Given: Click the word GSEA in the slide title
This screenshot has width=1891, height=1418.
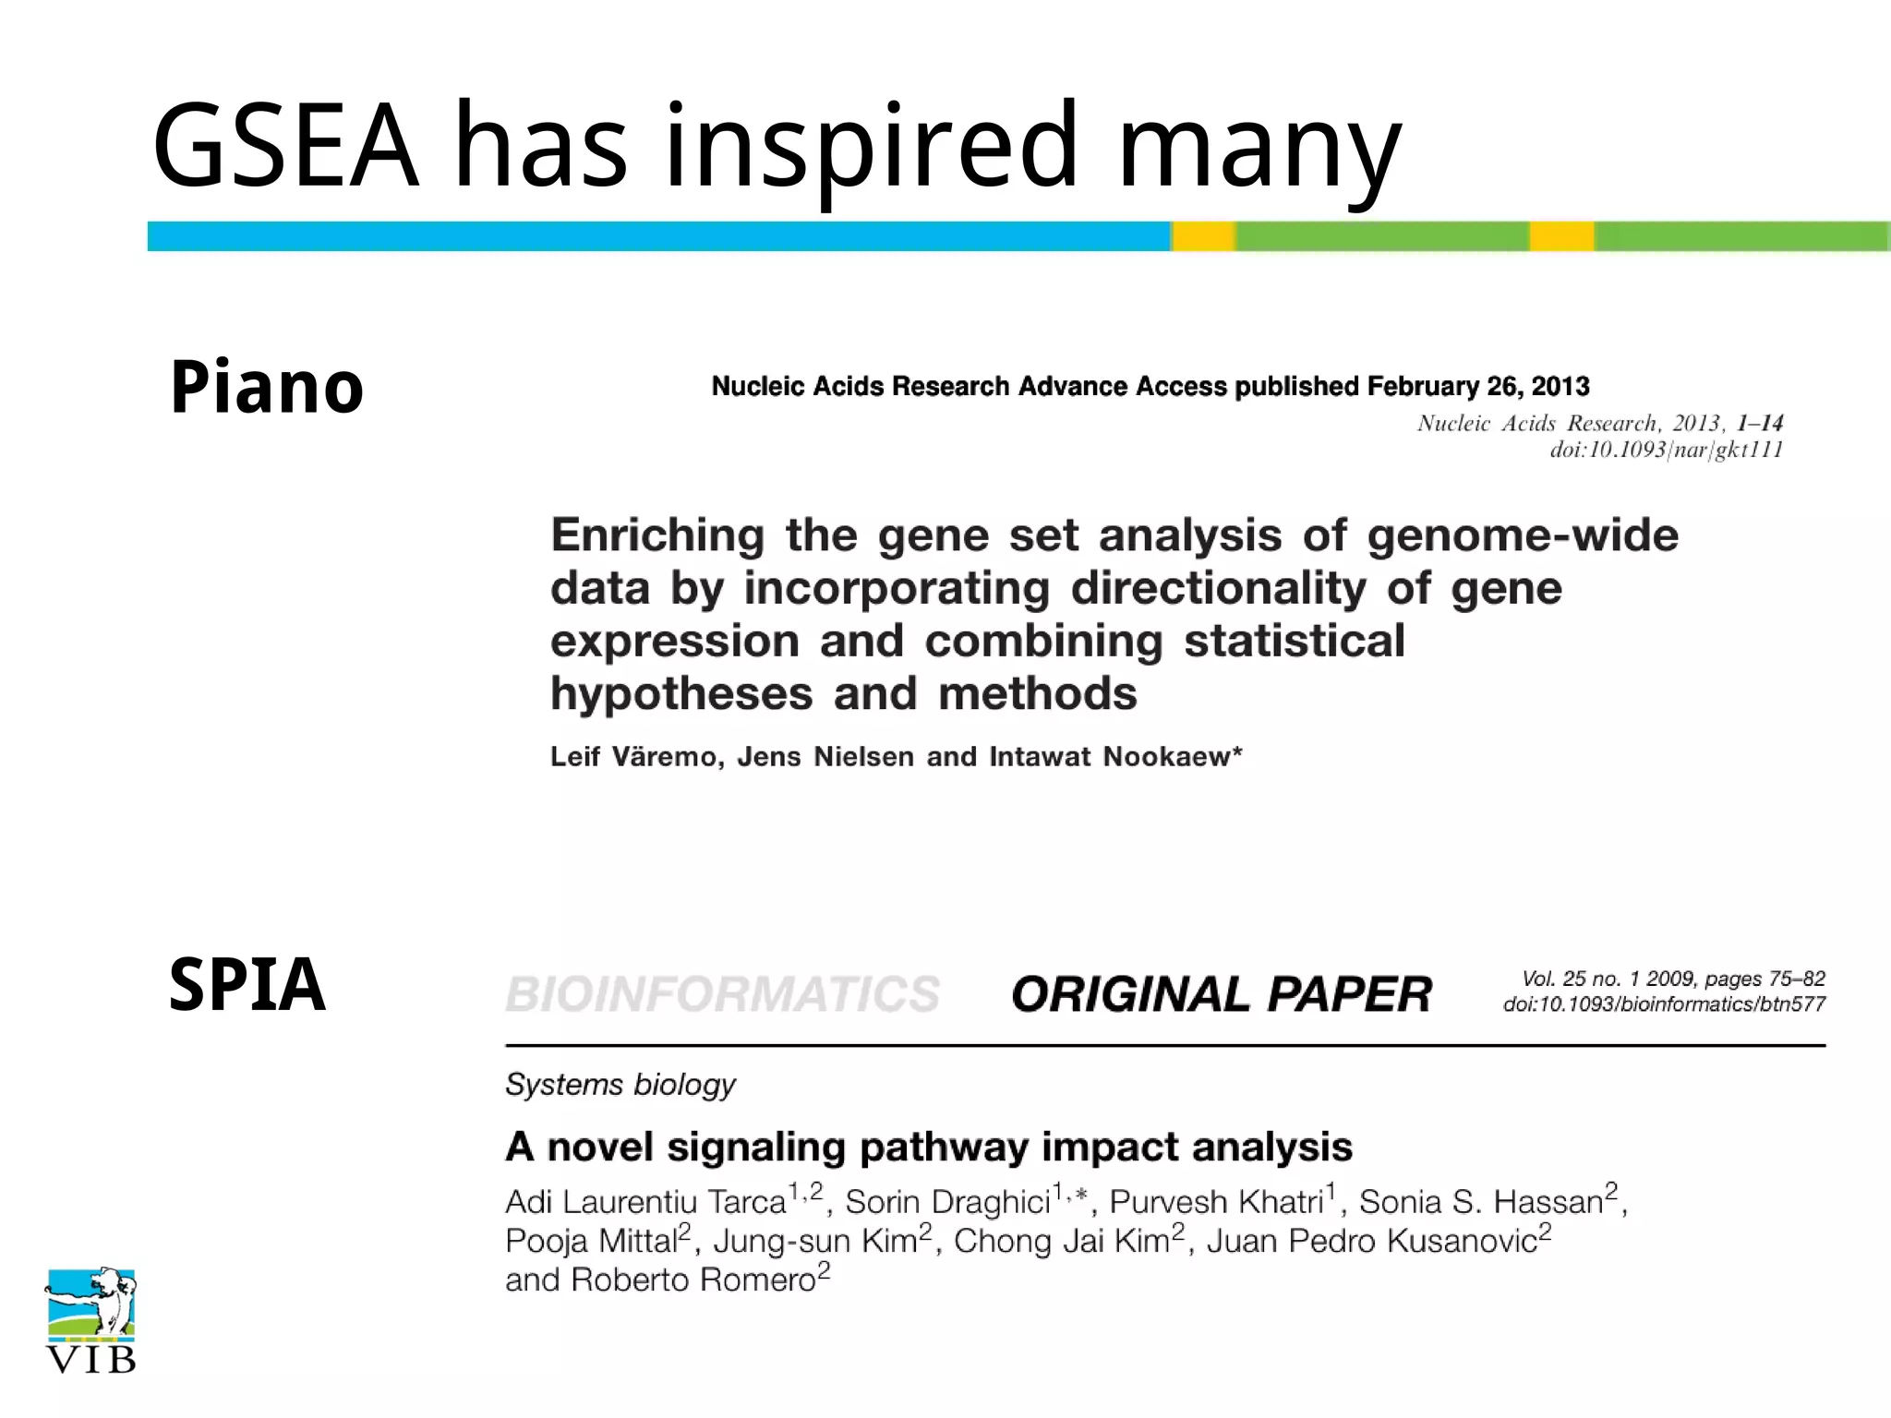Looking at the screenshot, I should coord(284,146).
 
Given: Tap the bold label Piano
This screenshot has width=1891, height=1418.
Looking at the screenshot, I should coord(267,387).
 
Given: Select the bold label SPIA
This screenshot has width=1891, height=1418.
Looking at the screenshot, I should coord(247,985).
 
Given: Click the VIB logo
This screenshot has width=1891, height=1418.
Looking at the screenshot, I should coord(91,1320).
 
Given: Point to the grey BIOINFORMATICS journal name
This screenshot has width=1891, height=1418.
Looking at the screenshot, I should coord(723,994).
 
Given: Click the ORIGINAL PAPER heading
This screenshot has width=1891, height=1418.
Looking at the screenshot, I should coord(1221,994).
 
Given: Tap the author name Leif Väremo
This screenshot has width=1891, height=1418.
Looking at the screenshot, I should coord(636,757).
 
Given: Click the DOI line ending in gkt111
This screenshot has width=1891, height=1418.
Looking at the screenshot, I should coord(1666,450).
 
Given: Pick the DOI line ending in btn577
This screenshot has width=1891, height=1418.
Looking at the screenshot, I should coord(1664,1004).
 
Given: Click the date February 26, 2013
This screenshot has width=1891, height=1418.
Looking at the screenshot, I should coord(1478,386).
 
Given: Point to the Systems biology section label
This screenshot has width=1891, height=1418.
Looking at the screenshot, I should coord(620,1084).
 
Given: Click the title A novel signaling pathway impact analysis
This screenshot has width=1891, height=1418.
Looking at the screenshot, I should coord(928,1148).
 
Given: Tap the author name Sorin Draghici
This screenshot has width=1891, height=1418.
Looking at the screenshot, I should coord(948,1202).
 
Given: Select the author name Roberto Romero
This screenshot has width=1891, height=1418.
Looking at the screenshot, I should coord(693,1280).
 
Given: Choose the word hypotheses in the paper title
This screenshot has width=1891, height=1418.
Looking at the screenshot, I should coord(681,693).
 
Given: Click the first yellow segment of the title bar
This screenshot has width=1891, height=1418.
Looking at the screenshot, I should coord(1203,236).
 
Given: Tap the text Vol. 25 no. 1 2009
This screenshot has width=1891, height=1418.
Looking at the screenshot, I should coord(1609,979).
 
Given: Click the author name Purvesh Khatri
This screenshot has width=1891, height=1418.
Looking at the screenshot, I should coord(1216,1202).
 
